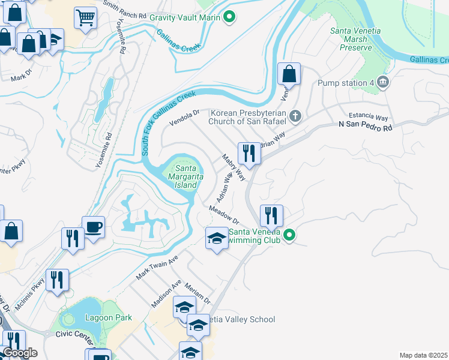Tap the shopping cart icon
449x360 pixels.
[x=86, y=17]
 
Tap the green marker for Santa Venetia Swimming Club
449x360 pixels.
[x=289, y=235]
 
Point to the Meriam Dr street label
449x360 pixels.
[x=198, y=293]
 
